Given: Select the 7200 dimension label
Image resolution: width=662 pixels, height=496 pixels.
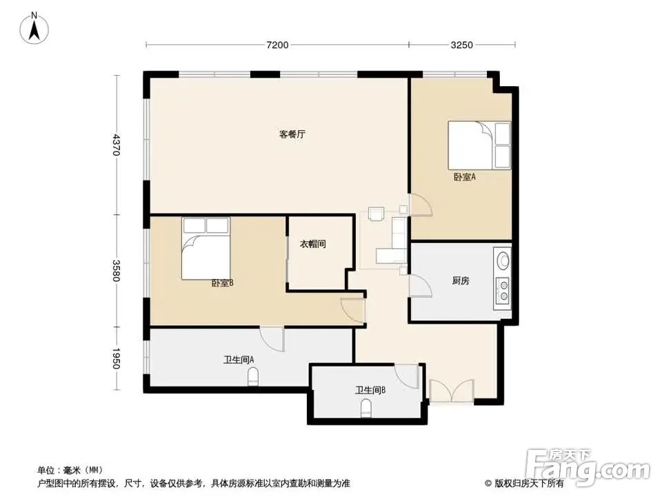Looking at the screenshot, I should [x=277, y=45].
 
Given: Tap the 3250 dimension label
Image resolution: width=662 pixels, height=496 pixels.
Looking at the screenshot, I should [x=461, y=45].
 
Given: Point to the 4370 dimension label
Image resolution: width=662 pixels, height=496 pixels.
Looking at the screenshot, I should [x=117, y=145].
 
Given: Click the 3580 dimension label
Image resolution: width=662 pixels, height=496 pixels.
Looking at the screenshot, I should [x=117, y=271].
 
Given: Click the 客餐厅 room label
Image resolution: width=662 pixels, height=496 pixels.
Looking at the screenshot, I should [x=292, y=134].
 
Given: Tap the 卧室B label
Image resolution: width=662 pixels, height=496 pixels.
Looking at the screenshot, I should [x=222, y=282].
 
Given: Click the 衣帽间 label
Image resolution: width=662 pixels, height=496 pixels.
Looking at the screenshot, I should [x=312, y=244].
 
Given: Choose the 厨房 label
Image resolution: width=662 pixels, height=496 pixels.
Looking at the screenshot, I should [x=461, y=281].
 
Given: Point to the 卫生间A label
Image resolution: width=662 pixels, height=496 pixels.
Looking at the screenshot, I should [x=239, y=360].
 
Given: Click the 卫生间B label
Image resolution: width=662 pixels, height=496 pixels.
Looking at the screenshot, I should [x=370, y=390].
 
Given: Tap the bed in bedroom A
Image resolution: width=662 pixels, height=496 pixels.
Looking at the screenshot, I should [x=479, y=145].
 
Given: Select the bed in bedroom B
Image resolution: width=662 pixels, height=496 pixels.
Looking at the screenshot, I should [x=205, y=249].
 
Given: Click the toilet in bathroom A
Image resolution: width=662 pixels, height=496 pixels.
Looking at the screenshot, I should [x=253, y=376].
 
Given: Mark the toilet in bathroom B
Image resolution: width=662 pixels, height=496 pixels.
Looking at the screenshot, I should [x=366, y=409].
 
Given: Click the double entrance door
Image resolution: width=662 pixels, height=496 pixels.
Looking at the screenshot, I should [x=450, y=391].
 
